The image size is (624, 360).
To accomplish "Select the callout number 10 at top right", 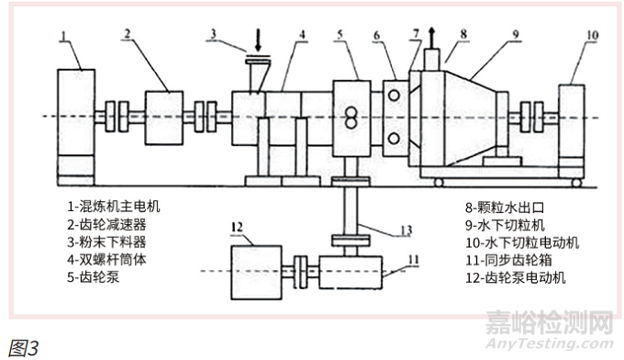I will coord(592,36).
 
